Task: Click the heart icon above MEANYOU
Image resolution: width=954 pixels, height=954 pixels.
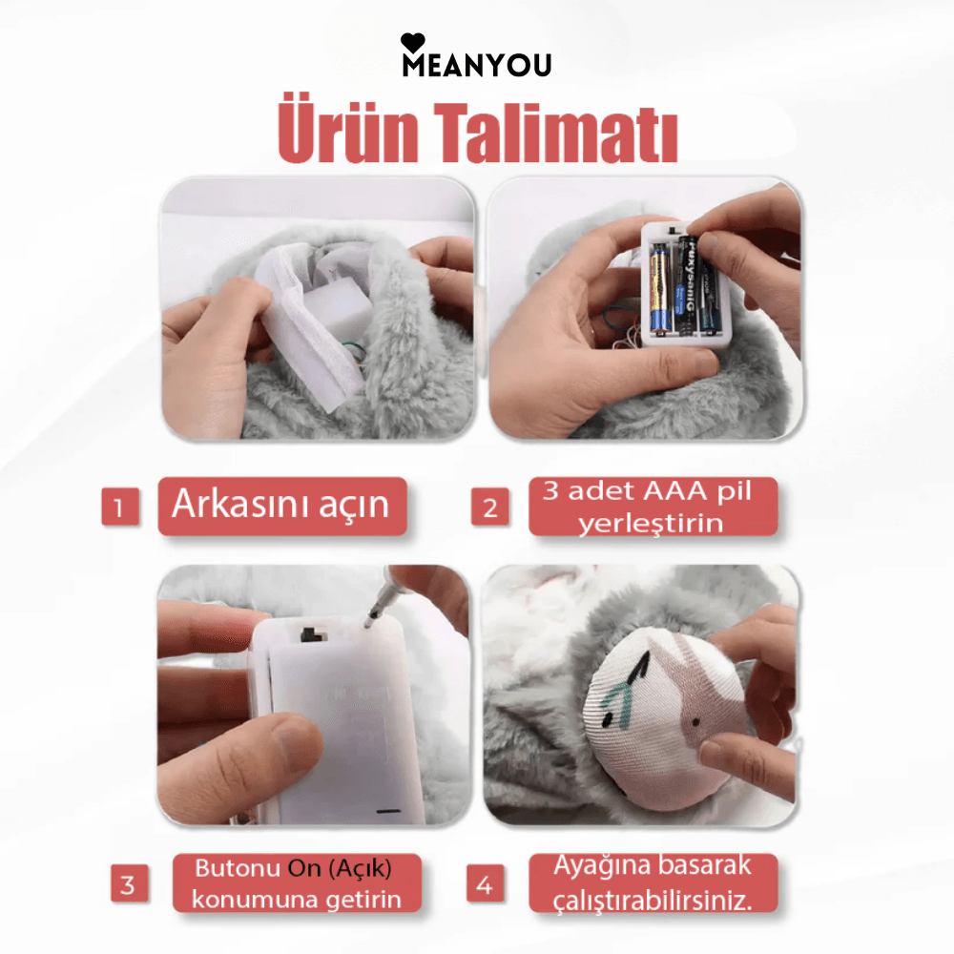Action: tap(412, 41)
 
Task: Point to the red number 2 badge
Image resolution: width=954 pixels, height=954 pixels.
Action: tap(489, 507)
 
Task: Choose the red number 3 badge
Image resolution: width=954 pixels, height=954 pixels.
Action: tap(129, 885)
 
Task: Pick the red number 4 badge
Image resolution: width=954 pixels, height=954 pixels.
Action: tap(485, 885)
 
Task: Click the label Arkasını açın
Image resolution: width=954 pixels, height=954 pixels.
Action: tap(281, 505)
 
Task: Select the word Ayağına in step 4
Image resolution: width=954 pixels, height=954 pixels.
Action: tap(600, 866)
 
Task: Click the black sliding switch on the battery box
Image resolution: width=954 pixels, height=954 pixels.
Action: tap(309, 634)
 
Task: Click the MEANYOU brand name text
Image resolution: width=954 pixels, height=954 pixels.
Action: tap(476, 65)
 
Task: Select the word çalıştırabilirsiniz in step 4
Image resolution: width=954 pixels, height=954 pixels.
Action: tap(653, 900)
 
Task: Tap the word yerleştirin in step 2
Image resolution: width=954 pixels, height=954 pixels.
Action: tap(651, 523)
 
